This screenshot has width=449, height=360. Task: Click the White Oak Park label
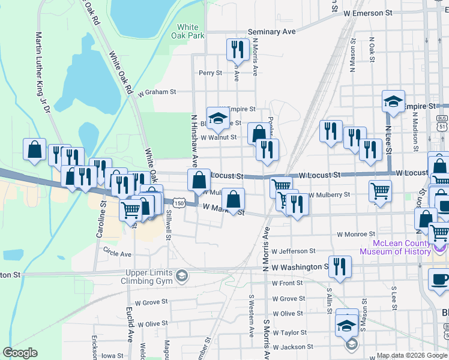click(188, 31)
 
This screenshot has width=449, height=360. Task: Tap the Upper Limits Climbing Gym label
click(146, 276)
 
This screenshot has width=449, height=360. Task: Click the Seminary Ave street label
click(272, 31)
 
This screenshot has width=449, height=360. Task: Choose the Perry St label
click(210, 73)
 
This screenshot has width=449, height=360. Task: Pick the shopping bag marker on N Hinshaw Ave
click(199, 179)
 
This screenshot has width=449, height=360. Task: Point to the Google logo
click(20, 353)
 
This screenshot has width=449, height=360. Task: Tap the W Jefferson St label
click(293, 251)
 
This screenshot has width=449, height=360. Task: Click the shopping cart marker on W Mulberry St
click(380, 192)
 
